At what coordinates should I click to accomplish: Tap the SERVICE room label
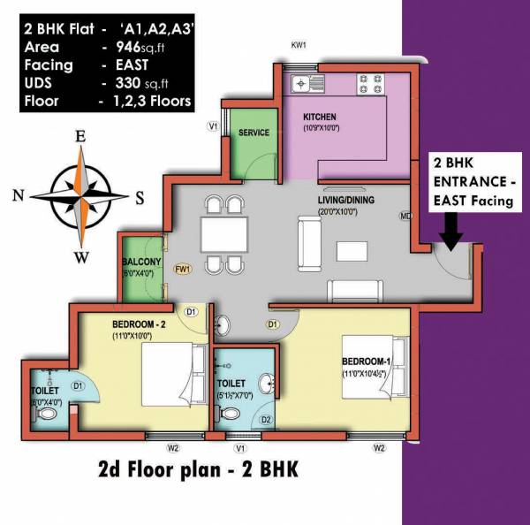pos(254,133)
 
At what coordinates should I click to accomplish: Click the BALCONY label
pos(141,262)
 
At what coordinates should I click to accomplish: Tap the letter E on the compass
pos(79,136)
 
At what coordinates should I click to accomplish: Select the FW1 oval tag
pos(183,269)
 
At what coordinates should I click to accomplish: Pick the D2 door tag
pos(266,419)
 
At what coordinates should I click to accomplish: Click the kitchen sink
pos(301,86)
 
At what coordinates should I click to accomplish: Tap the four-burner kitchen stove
pos(368,85)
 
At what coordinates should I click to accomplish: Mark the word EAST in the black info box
pos(135,65)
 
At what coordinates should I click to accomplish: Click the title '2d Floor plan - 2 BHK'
pos(198,469)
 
